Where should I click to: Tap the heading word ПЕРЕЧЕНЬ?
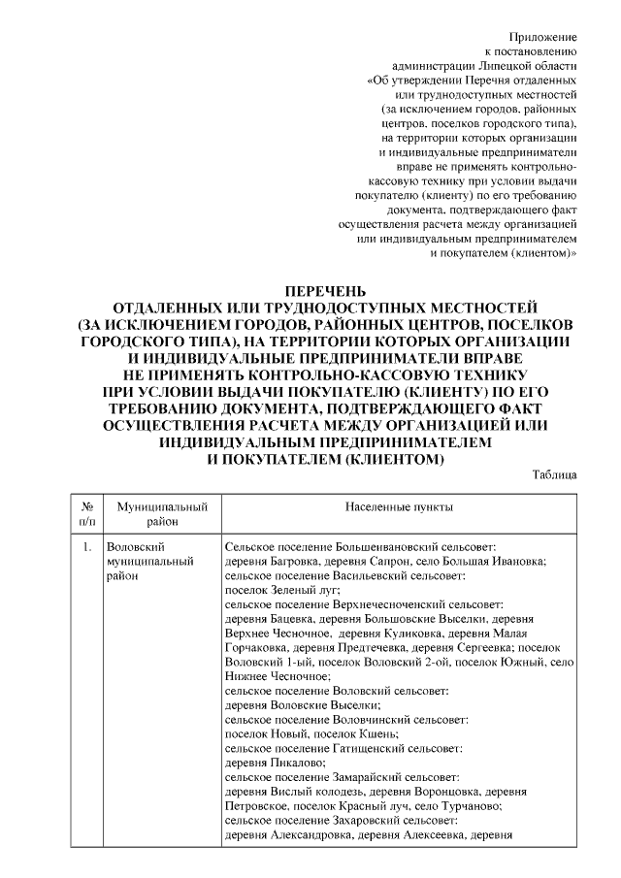tap(324, 291)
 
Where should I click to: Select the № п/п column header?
tap(86, 513)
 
